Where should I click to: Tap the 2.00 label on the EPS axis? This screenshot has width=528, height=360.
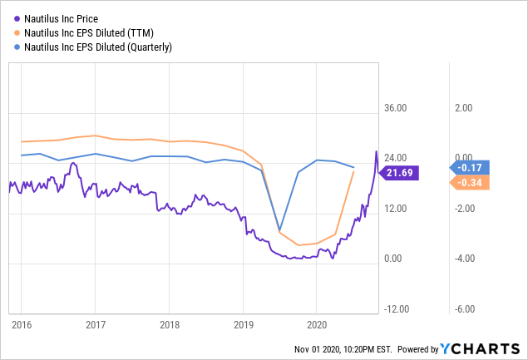tap(462, 108)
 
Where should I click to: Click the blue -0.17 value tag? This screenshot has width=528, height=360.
tap(471, 166)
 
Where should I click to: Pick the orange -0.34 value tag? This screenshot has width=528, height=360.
tap(471, 182)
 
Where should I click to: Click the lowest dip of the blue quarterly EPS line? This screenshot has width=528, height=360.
tap(279, 230)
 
